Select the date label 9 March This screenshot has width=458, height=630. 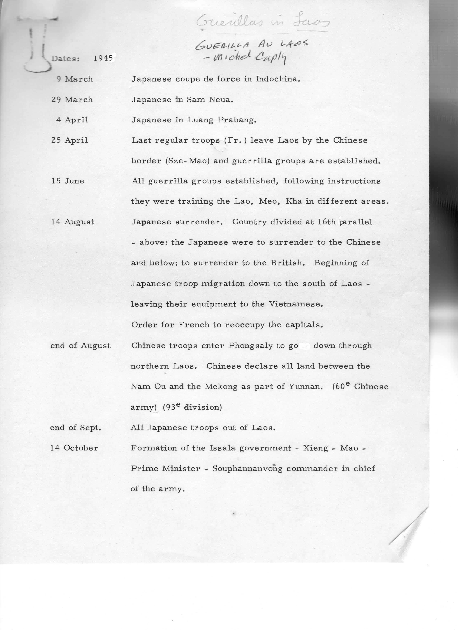75,79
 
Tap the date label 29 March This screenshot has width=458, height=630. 72,100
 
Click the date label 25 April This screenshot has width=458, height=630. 70,140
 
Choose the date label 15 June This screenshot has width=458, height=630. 68,181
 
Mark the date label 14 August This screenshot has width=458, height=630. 73,222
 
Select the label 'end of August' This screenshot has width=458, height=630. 80,346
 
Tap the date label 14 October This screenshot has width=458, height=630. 74,448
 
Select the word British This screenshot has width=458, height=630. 287,263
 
